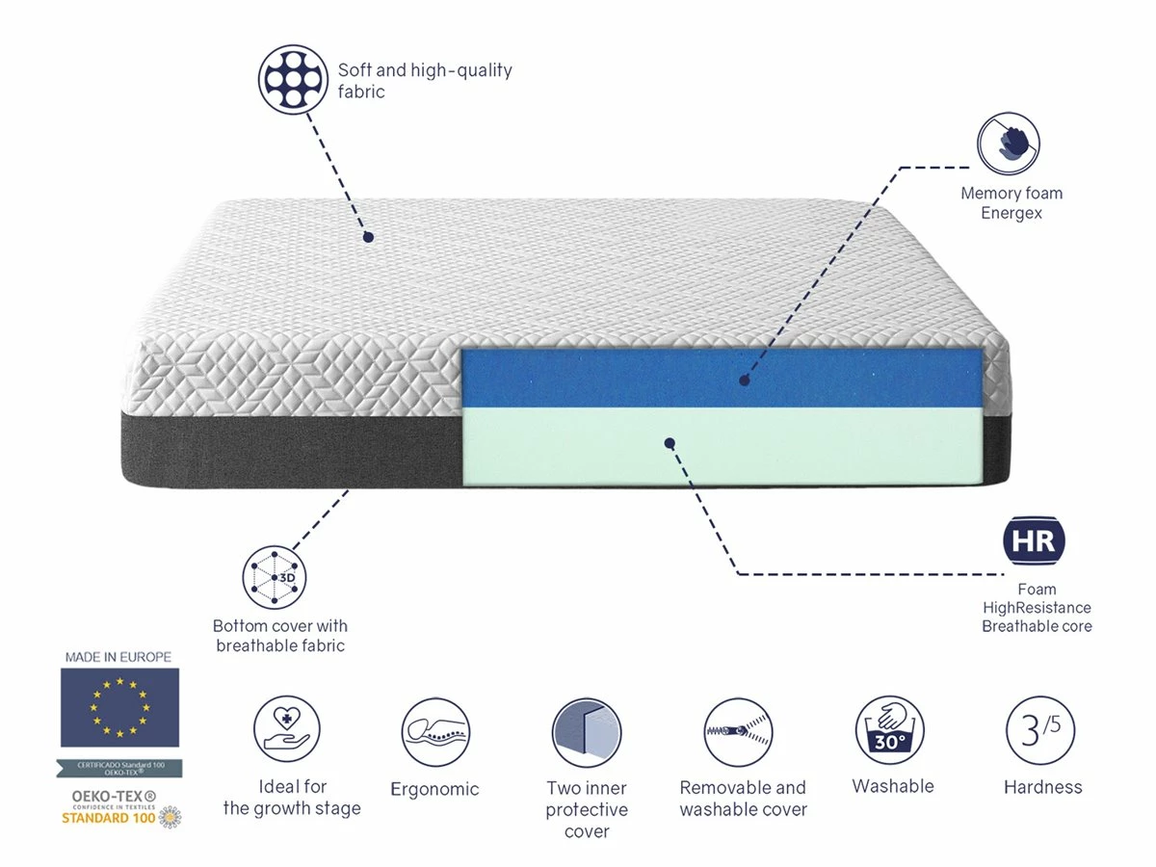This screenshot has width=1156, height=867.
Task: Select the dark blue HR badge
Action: tap(1035, 540)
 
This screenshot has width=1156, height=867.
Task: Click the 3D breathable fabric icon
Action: tap(275, 577)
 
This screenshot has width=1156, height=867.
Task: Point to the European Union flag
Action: tap(119, 708)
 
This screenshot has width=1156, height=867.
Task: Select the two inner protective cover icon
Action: tap(587, 733)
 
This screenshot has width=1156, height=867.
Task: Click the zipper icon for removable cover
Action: tap(739, 732)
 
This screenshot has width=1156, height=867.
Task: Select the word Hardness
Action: tap(1042, 787)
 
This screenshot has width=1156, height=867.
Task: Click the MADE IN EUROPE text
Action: tap(118, 657)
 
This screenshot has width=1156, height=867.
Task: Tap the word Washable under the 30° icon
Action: tap(893, 786)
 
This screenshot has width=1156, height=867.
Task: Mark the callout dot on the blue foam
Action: tap(744, 381)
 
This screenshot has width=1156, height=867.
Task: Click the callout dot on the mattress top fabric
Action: tap(367, 236)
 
